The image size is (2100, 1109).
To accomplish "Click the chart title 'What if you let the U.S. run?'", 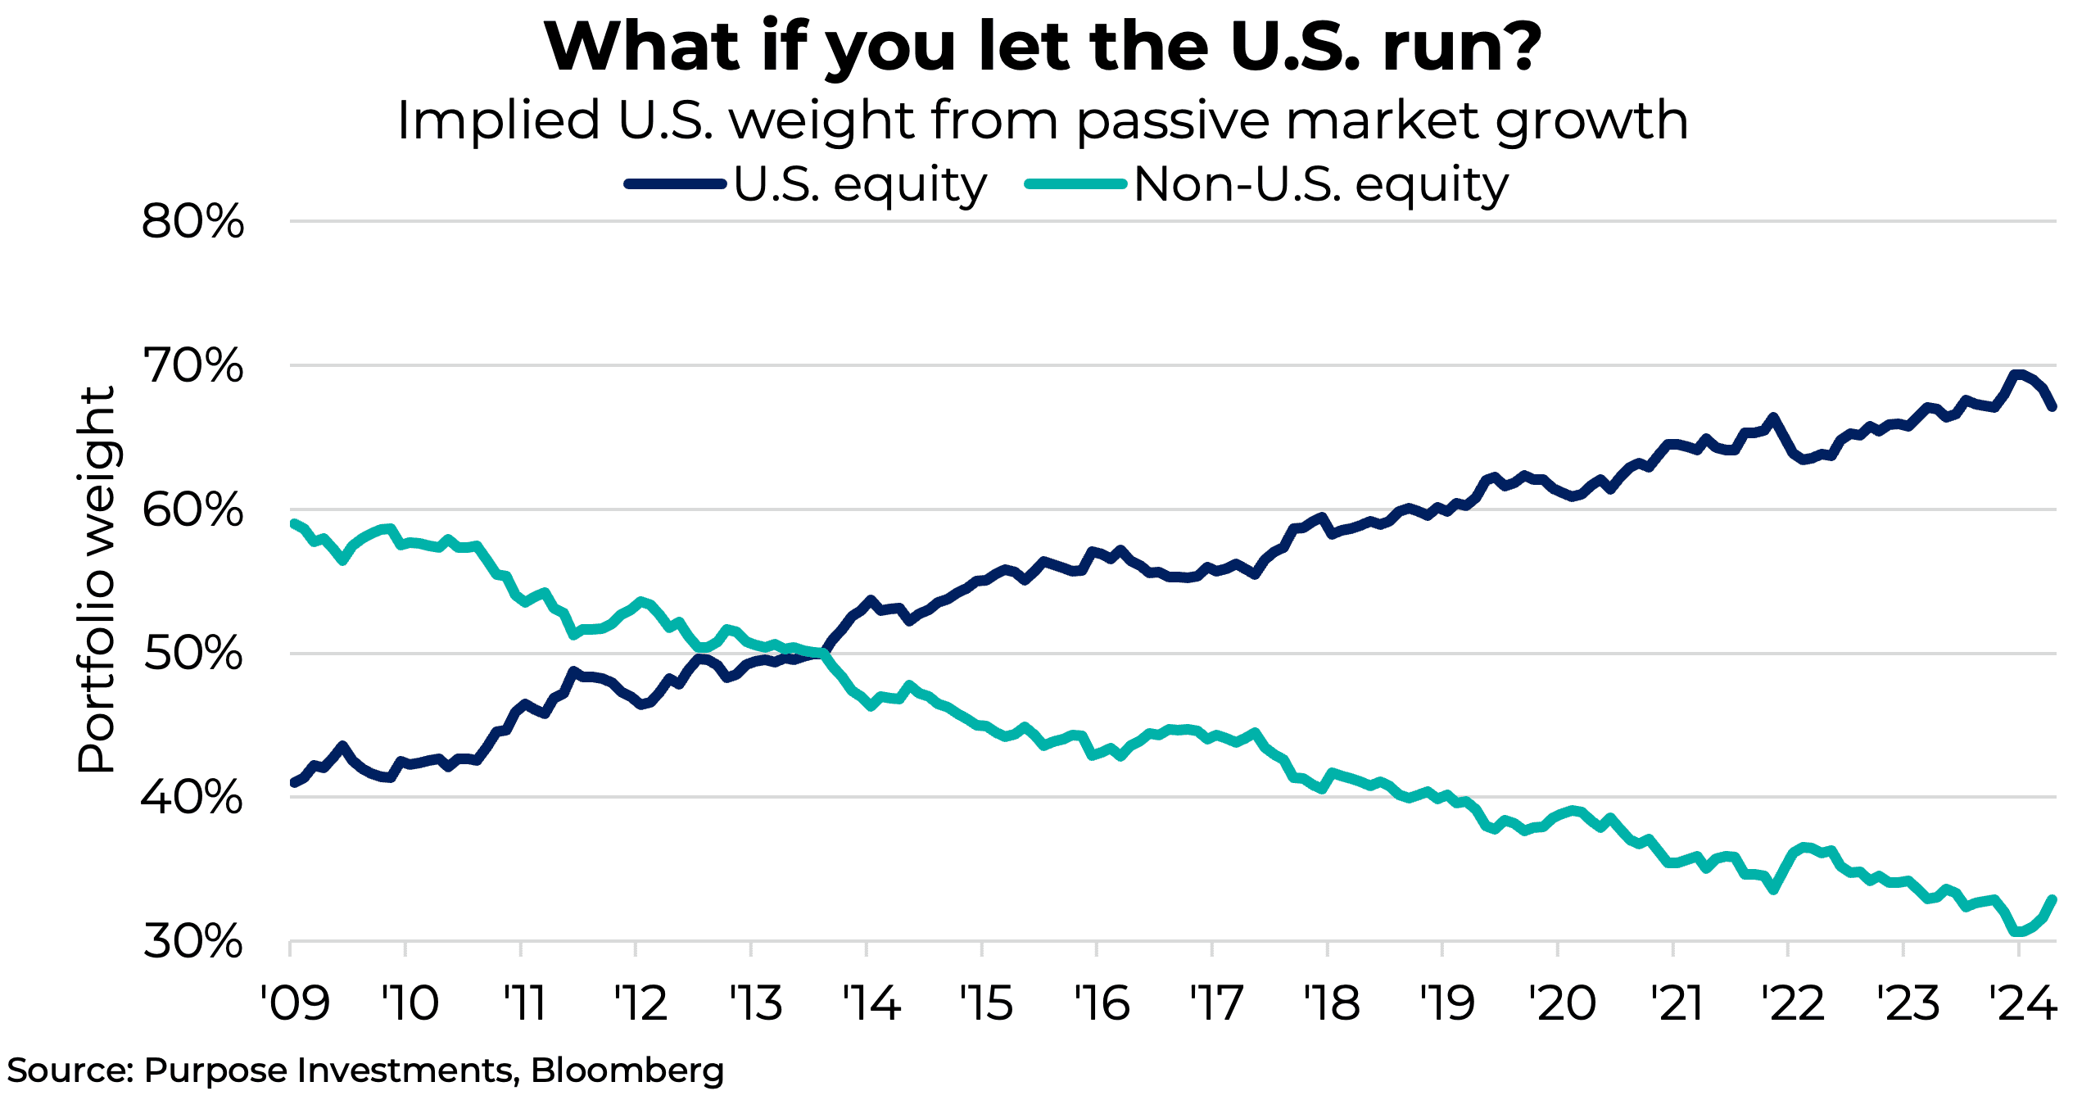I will [1042, 48].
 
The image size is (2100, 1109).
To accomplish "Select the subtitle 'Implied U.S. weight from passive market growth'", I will [1042, 120].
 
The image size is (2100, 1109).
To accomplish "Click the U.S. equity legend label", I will [860, 184].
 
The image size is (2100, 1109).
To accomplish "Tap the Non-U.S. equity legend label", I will [1320, 184].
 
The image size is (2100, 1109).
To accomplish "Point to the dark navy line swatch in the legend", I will [675, 184].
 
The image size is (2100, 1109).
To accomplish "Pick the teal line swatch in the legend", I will [1075, 184].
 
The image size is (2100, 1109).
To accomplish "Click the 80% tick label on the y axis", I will [192, 221].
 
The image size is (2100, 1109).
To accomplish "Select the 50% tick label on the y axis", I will [192, 654].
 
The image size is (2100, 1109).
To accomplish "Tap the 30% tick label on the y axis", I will [192, 942].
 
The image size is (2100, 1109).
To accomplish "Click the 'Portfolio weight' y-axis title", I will [97, 580].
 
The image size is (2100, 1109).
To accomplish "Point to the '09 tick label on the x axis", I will [295, 1003].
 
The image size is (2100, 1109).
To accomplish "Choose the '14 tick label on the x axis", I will [871, 1003].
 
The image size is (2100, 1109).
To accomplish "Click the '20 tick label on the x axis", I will [1562, 1003].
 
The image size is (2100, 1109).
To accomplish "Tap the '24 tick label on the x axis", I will [2023, 1003].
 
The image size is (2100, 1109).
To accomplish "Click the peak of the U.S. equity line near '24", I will [2017, 375].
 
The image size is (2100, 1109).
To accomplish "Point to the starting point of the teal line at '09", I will [294, 523].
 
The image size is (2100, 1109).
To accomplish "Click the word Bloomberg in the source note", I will [627, 1071].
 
